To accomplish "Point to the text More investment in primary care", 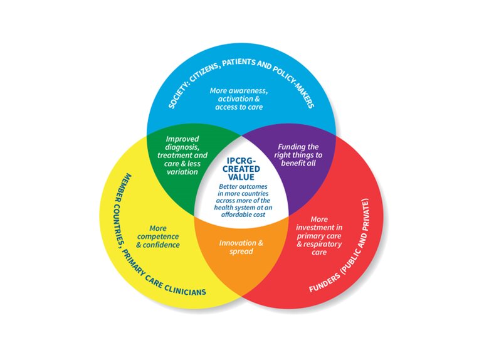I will pyautogui.click(x=319, y=233).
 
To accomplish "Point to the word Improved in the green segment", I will pyautogui.click(x=182, y=139).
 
